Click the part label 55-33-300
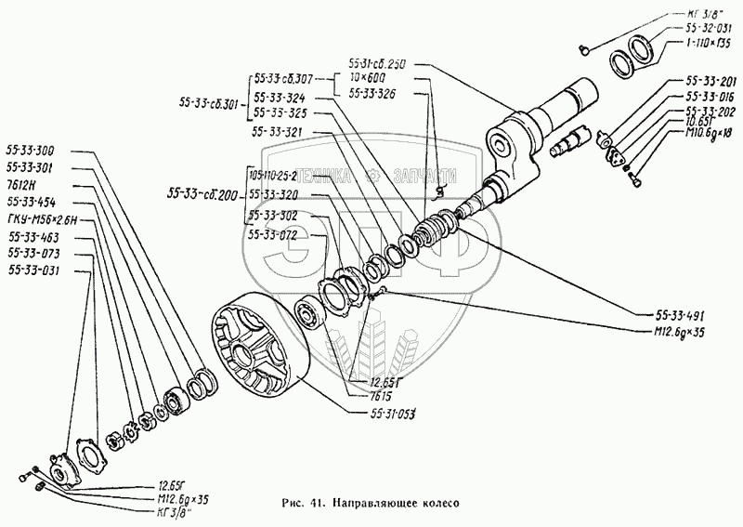click(30, 149)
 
